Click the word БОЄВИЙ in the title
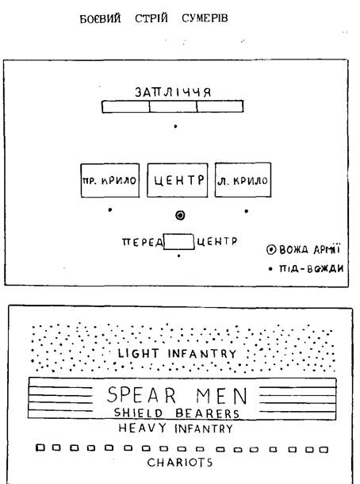pos(100,18)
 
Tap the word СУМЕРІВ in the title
pos(205,18)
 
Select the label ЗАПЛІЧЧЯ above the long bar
pos(173,92)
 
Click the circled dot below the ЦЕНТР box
pos(180,215)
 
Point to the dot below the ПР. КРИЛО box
pos(110,210)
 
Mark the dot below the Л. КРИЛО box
pos(246,211)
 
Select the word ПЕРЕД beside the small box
pos(143,242)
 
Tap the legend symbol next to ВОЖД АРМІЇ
pos(271,249)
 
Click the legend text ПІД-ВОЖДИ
pos(311,268)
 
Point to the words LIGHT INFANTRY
pos(177,353)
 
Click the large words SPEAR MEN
pos(177,395)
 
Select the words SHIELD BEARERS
pos(177,413)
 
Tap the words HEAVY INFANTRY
pos(176,428)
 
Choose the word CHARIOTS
pos(180,462)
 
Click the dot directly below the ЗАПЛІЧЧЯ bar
pos(175,126)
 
